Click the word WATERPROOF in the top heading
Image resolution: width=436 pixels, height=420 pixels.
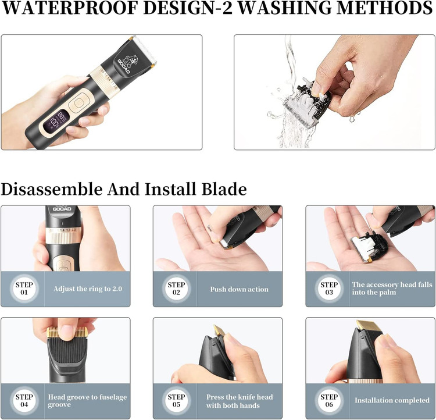point(70,8)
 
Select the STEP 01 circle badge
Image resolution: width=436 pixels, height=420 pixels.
point(24,289)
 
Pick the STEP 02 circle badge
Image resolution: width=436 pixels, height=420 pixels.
point(176,289)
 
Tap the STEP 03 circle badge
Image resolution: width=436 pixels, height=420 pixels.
point(329,289)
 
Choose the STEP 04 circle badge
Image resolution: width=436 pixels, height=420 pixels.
point(24,401)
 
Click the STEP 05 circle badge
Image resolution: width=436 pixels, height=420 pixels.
point(176,401)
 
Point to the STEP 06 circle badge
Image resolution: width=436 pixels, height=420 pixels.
point(329,401)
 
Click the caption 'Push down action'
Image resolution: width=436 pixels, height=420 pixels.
point(239,289)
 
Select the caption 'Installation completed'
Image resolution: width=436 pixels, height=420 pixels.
point(392,400)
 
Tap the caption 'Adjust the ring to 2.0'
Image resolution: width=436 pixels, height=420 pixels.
point(88,289)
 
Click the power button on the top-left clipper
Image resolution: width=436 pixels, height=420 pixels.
point(78,103)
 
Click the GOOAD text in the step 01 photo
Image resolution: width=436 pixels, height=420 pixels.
point(62,209)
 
